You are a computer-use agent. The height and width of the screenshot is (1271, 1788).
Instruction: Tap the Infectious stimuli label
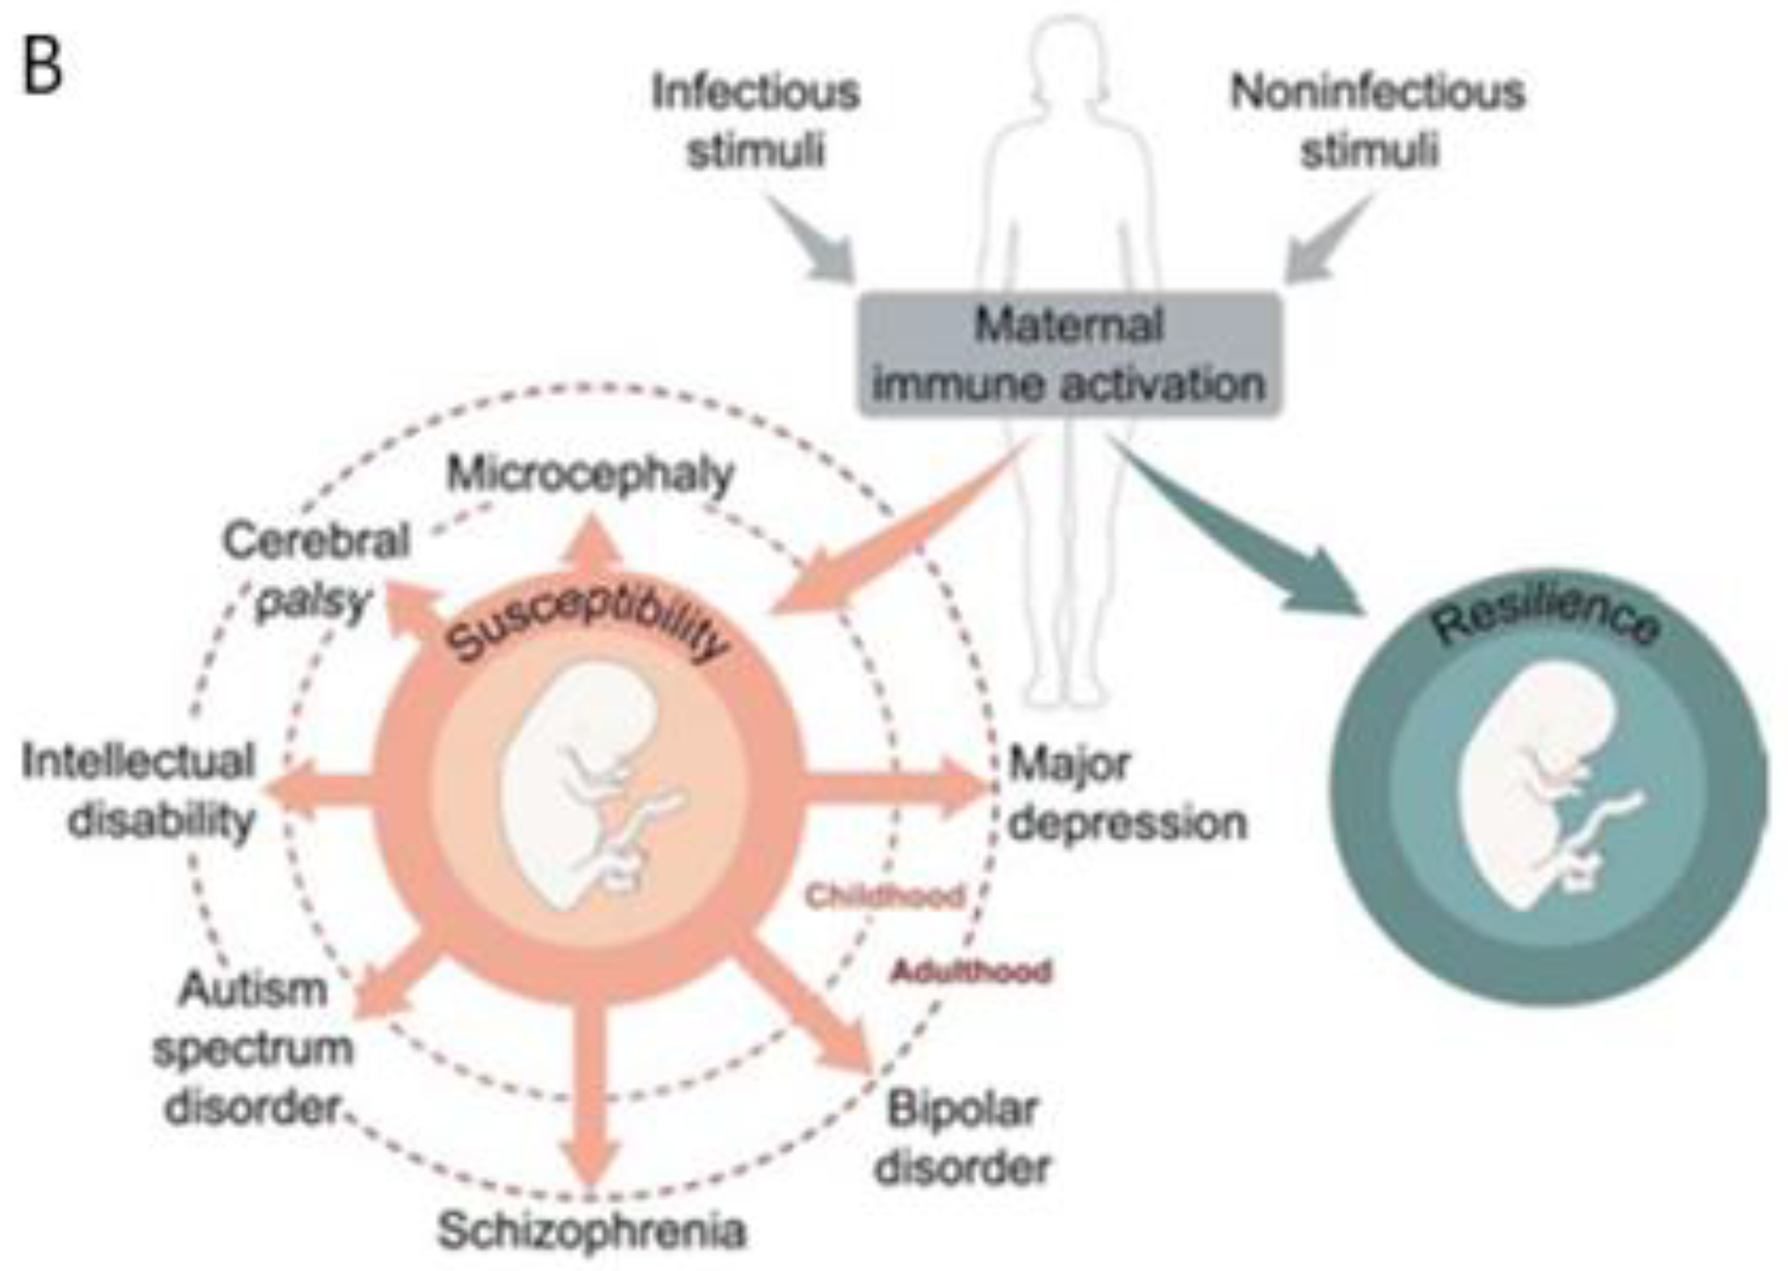755,120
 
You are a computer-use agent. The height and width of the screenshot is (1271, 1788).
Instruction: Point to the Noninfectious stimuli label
1376,120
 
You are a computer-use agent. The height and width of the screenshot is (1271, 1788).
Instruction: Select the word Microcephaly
591,474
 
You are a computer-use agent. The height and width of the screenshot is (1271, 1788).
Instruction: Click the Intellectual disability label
140,790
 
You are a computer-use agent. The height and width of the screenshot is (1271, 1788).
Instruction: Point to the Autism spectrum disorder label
252,1049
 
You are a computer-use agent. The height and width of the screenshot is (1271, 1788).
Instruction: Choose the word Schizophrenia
591,1230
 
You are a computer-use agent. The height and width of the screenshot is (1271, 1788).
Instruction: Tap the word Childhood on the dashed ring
885,896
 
